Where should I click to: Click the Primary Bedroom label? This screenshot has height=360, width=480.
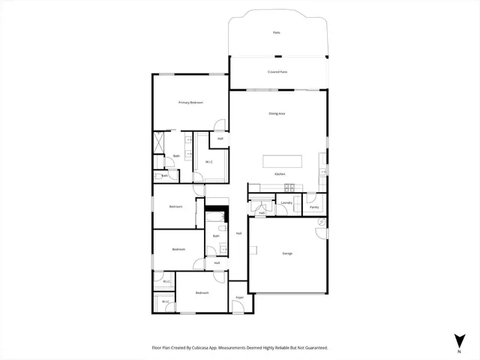191,102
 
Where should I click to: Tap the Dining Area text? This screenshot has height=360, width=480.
277,113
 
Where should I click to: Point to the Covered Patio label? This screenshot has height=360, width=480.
277,72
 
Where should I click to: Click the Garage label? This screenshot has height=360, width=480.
287,253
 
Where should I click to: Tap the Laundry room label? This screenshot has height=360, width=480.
286,202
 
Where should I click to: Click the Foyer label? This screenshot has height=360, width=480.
240,298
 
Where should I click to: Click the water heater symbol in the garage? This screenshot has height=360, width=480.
320,221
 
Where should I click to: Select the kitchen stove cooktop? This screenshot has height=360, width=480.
289,186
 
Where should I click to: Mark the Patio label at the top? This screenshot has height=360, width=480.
277,33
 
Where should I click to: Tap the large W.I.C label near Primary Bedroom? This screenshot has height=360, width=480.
209,161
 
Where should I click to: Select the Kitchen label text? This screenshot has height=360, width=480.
279,174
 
